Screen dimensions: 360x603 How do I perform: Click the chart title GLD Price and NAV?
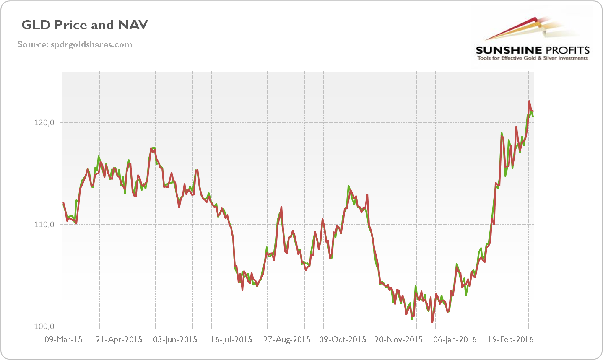85,25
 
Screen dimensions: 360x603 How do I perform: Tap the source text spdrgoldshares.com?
75,44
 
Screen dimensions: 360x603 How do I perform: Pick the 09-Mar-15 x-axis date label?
63,339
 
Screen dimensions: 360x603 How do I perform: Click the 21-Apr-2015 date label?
119,339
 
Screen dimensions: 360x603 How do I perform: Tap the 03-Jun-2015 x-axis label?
174,339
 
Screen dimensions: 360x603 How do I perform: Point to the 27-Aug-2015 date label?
287,339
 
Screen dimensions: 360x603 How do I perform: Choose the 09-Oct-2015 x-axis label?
343,339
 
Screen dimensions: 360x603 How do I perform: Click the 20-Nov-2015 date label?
398,339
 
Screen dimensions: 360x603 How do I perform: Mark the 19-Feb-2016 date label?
510,339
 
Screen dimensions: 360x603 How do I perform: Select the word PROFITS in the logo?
567,51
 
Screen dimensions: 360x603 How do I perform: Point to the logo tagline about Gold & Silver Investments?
533,58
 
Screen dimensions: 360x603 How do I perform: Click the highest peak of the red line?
529,101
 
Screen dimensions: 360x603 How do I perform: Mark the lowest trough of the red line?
432,322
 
